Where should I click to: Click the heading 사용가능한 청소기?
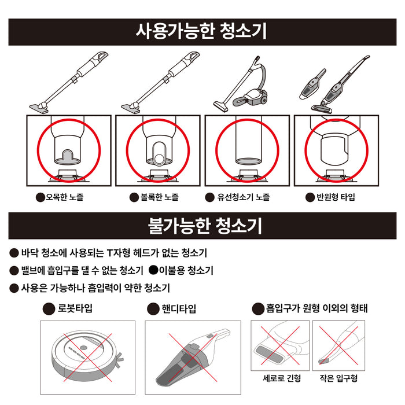tap(201, 31)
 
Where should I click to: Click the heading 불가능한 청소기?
tap(205, 226)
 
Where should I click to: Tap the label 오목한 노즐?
tap(64, 197)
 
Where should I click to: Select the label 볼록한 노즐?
tap(159, 197)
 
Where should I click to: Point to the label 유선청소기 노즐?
tap(244, 197)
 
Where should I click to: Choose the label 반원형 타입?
tap(336, 197)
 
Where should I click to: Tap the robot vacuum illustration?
tap(87, 357)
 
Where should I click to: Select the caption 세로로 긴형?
tap(282, 378)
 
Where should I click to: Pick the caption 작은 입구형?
tap(338, 378)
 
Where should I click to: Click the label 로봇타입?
tap(75, 308)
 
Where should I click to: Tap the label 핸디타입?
tap(179, 308)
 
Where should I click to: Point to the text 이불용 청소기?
tap(186, 270)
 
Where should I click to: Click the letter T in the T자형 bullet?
tap(110, 253)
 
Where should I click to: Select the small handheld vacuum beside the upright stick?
tap(313, 84)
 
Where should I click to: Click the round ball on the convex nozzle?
tap(159, 158)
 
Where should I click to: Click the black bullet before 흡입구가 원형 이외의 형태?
tap(258, 308)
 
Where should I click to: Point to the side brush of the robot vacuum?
tap(119, 360)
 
